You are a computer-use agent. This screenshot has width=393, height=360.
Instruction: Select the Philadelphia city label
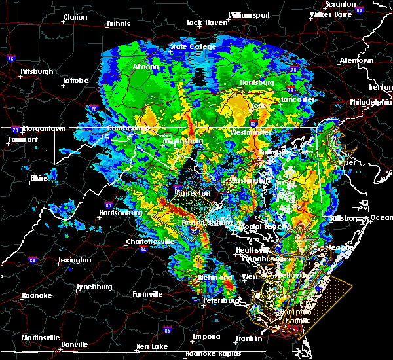(370, 102)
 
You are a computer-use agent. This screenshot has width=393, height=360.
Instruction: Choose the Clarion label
(75, 17)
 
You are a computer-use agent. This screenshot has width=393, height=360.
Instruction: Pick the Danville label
(74, 344)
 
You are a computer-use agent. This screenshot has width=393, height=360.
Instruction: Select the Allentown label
(356, 60)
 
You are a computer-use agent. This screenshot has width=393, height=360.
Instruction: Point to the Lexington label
(74, 260)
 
